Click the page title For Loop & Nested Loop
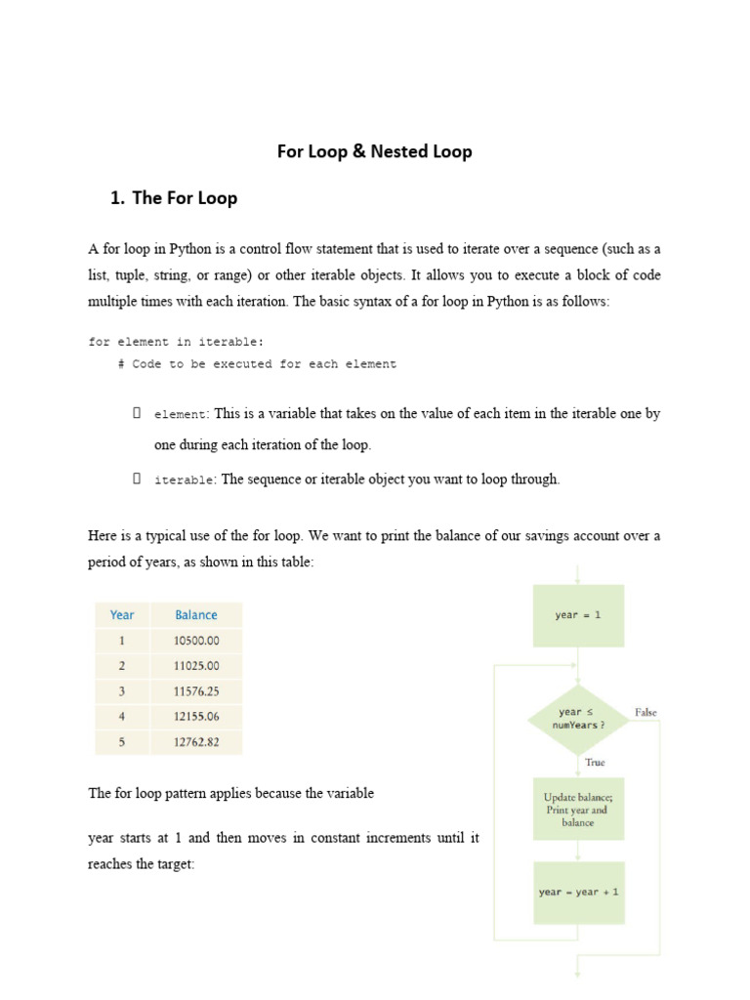(375, 151)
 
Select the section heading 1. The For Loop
(174, 198)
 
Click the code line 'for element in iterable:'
(176, 342)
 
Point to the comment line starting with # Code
(256, 364)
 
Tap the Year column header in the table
(122, 615)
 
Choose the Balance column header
(196, 615)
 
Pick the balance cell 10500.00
(196, 641)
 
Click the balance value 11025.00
(196, 666)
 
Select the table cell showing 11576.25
(196, 691)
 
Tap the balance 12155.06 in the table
(196, 717)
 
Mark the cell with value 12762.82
(196, 742)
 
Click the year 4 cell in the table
(122, 717)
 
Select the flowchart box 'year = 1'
(578, 615)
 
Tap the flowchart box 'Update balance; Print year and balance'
(578, 810)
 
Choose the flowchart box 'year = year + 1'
(578, 893)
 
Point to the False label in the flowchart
(646, 713)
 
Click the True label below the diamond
(595, 763)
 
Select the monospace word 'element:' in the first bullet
(182, 415)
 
